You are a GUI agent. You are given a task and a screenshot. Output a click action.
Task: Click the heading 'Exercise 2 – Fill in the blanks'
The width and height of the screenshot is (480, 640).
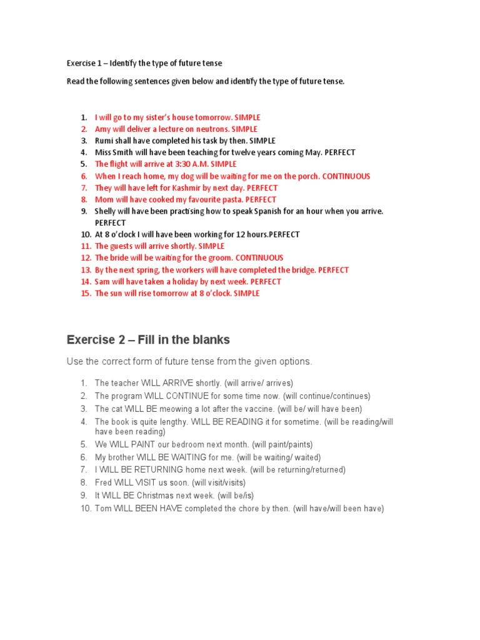click(148, 340)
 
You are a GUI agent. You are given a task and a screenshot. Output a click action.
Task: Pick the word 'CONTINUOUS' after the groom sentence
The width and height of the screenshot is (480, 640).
click(259, 258)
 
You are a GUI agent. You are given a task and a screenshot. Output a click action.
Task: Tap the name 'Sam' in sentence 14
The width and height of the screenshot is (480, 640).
click(102, 282)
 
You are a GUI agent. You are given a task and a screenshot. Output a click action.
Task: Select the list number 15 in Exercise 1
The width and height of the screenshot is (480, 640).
click(86, 294)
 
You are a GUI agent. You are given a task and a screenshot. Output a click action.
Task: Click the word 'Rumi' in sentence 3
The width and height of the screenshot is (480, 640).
click(104, 141)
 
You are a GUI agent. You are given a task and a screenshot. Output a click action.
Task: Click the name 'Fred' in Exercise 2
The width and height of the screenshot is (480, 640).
click(103, 482)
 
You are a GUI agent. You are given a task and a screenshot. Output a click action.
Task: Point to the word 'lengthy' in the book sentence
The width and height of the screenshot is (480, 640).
click(172, 422)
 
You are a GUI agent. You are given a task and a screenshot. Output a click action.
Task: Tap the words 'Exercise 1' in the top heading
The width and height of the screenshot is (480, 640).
click(86, 63)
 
